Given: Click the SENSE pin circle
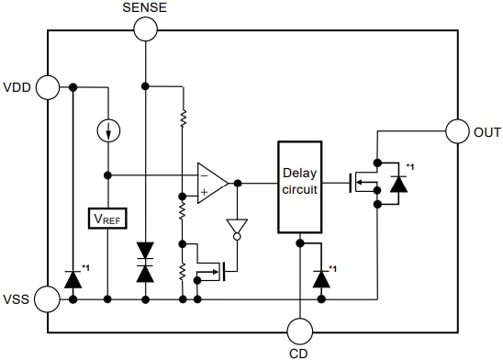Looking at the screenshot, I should click(145, 28).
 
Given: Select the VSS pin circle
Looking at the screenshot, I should click(49, 298).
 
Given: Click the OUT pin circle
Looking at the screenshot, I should click(457, 132).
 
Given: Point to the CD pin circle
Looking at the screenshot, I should click(300, 332).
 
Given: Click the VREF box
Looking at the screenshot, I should click(108, 219).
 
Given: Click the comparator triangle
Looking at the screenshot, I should click(213, 182).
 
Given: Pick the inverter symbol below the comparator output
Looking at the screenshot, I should click(238, 228).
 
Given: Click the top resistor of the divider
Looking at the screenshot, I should click(183, 118).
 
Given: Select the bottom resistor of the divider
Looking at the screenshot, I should click(183, 272).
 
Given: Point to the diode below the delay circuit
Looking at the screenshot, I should click(321, 277).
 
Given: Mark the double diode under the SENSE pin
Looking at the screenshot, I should click(145, 261).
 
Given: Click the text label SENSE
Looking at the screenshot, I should click(145, 7).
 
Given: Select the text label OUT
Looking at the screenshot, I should click(487, 133).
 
